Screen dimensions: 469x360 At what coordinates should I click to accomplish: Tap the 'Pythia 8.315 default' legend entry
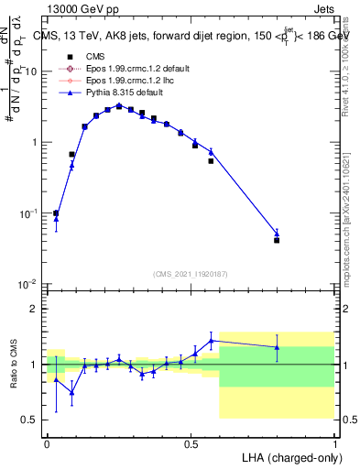coord(123,93)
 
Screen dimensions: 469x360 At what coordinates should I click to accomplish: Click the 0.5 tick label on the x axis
coord(191,442)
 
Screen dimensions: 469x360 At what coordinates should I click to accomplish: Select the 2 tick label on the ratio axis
coord(34,309)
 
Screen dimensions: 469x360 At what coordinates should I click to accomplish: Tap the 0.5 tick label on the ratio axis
coord(30,420)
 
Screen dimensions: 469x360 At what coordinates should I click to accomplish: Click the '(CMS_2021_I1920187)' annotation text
coord(191,272)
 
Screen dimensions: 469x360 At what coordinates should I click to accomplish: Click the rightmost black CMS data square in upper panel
coord(277,240)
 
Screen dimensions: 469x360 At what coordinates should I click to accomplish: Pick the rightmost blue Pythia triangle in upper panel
coord(277,233)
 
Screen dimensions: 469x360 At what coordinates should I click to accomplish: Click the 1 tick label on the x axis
coord(334,442)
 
